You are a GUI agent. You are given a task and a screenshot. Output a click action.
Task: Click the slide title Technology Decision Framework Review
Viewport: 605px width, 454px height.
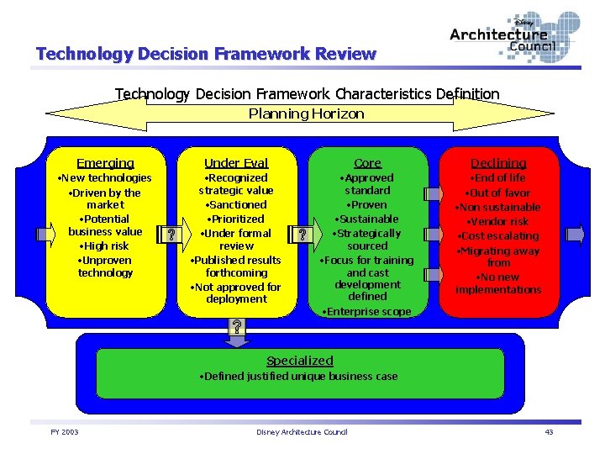(x=206, y=55)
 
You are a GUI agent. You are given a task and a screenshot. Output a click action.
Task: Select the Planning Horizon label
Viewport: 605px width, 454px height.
(x=306, y=113)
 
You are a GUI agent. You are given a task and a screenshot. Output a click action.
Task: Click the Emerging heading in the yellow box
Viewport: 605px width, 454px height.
(x=105, y=163)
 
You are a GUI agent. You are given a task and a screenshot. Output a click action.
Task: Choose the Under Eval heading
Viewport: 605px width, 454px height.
(x=236, y=163)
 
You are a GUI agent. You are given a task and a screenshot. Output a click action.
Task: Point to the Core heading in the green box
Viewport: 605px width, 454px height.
(x=367, y=163)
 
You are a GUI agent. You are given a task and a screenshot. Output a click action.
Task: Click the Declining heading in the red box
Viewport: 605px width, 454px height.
(x=498, y=163)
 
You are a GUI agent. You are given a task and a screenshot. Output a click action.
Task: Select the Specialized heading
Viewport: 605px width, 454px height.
(x=300, y=361)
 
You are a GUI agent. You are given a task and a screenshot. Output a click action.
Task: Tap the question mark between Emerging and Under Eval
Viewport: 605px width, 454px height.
(x=171, y=235)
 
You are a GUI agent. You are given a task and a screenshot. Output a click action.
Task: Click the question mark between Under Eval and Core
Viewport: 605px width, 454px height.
(x=302, y=235)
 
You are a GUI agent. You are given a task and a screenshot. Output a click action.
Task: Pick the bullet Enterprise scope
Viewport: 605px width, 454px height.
(x=367, y=312)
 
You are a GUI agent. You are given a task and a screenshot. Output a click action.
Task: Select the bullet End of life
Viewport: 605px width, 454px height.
(x=498, y=178)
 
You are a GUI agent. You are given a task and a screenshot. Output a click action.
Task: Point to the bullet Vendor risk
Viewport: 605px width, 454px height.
(x=498, y=222)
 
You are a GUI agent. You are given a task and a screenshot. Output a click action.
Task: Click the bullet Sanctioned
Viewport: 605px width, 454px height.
(x=236, y=205)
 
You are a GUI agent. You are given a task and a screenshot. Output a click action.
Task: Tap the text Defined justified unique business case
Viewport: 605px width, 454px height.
(x=300, y=377)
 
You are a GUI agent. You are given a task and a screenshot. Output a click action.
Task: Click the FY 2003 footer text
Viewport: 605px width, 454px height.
(x=64, y=432)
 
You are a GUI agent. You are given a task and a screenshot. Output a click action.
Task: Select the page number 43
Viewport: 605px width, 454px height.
(x=549, y=432)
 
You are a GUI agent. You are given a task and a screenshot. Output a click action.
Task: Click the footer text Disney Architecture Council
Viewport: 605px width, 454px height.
(x=302, y=432)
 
